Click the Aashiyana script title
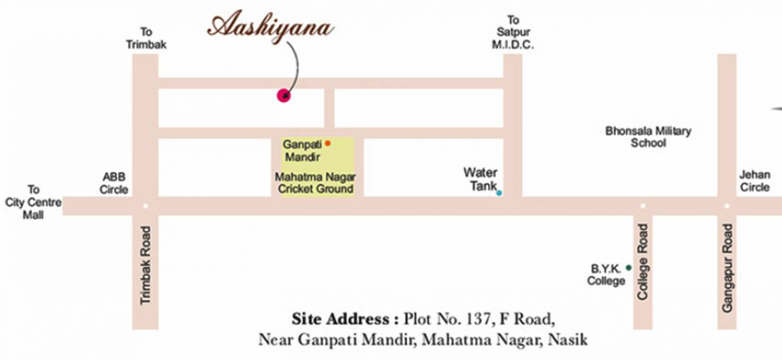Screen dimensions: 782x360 [271, 27]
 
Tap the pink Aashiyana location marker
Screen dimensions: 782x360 [284, 95]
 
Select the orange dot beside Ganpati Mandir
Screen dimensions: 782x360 [328, 143]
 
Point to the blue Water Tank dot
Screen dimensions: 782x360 [499, 193]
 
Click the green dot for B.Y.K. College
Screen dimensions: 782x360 [629, 268]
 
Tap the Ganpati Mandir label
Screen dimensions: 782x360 [301, 150]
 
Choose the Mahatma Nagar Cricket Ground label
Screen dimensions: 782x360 [315, 183]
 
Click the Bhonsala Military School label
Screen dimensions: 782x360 [648, 136]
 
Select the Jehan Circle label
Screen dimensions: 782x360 [754, 181]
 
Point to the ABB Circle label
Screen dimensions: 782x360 [114, 183]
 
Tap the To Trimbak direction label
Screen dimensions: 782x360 [146, 37]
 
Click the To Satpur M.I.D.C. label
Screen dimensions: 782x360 [513, 32]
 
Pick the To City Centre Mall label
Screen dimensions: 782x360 [33, 202]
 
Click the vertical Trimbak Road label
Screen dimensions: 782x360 [146, 265]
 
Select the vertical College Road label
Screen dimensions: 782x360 [643, 262]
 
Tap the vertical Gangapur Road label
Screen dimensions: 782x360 [727, 268]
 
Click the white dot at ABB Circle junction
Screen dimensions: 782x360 [145, 205]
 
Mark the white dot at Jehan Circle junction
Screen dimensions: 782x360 [726, 205]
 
